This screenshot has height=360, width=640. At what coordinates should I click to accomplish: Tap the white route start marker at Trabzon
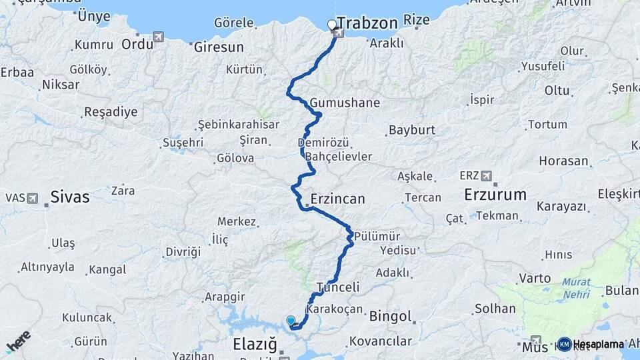[332, 25]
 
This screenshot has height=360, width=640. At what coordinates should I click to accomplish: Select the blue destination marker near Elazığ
[291, 321]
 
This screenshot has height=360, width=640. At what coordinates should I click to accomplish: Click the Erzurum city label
[495, 195]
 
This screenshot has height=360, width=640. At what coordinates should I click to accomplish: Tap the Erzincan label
[337, 199]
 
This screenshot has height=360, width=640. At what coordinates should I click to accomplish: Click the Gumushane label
[345, 103]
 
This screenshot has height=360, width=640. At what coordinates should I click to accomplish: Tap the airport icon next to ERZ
[485, 175]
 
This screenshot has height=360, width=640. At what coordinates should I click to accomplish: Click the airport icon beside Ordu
[158, 37]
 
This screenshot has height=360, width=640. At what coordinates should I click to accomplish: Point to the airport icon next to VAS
[33, 197]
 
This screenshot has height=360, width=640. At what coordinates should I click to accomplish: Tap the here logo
[18, 341]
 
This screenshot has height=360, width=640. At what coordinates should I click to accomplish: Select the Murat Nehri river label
[576, 288]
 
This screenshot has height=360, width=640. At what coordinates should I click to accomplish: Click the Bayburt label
[411, 129]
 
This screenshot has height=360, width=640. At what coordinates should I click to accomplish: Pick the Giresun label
[219, 48]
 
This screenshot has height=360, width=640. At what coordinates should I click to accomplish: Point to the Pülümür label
[377, 237]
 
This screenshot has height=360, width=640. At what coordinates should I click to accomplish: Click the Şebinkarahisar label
[238, 125]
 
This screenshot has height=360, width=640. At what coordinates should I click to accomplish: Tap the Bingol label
[390, 315]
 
